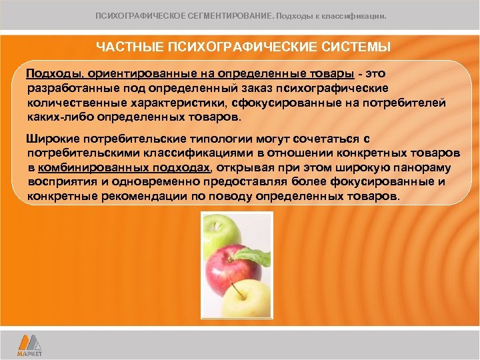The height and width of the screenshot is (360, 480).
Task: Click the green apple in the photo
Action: [221, 231]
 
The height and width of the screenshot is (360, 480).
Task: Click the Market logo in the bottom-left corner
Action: [30, 344]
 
